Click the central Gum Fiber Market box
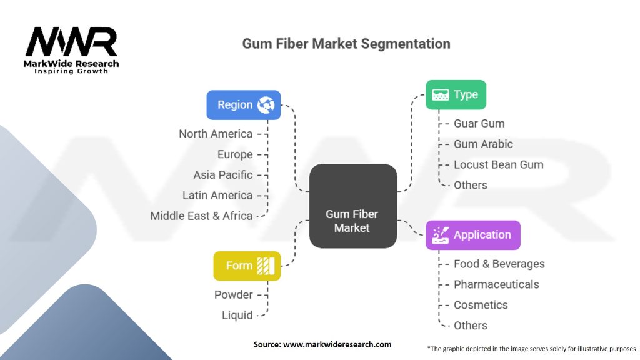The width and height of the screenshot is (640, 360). click(353, 206)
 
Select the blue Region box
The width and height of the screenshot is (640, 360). click(244, 105)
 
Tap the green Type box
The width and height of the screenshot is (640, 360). click(456, 95)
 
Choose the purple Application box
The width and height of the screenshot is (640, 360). click(472, 235)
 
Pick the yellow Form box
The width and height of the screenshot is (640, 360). click(247, 266)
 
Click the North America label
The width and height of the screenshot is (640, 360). click(216, 134)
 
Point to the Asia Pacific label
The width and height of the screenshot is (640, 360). click(223, 175)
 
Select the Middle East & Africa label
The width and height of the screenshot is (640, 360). click(201, 216)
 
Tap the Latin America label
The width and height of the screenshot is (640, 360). click(217, 196)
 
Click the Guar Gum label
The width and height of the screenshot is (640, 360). click(479, 124)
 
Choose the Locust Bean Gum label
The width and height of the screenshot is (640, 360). click(498, 165)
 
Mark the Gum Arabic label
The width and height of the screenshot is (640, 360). click(483, 144)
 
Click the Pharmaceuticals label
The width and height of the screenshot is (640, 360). click(496, 284)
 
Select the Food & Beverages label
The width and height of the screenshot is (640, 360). click(499, 264)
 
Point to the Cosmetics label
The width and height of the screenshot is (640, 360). click(481, 305)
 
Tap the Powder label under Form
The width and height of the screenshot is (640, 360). click(234, 295)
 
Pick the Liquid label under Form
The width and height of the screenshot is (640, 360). click(237, 316)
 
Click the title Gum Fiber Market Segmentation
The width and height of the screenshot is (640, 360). click(346, 44)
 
